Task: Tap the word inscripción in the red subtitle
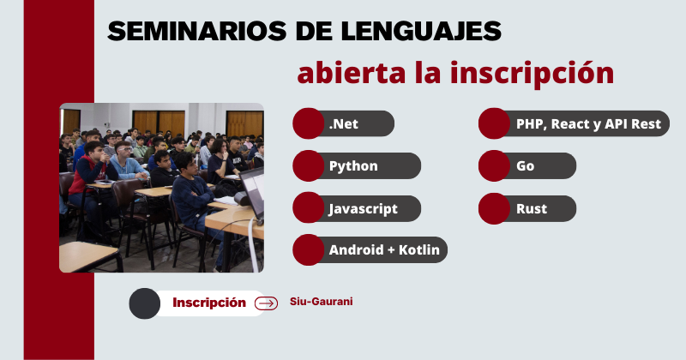pos(532,74)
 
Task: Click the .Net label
pos(344,123)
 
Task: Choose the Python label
pos(353,166)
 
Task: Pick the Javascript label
pos(363,209)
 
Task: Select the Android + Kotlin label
pos(384,249)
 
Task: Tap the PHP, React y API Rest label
pos(588,124)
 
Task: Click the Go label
pos(525,166)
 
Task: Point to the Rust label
pos(532,208)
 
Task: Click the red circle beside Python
pos(309,165)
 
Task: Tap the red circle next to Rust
pos(494,208)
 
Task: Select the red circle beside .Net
pos(309,123)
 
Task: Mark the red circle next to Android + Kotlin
pos(309,249)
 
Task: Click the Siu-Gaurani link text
pos(321,302)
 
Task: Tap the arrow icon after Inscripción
pos(266,303)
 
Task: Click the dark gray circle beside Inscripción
pos(144,303)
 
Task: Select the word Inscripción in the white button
pos(209,303)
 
